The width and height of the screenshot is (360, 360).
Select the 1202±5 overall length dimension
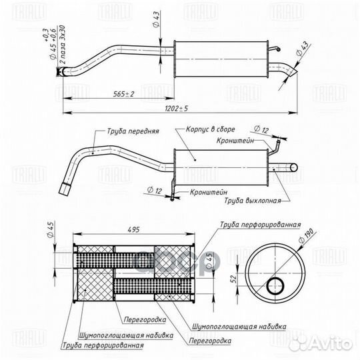click(x=176, y=108)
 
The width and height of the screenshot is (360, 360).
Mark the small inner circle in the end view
click(x=274, y=287)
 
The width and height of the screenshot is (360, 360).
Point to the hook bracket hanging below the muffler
click(x=172, y=194)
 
